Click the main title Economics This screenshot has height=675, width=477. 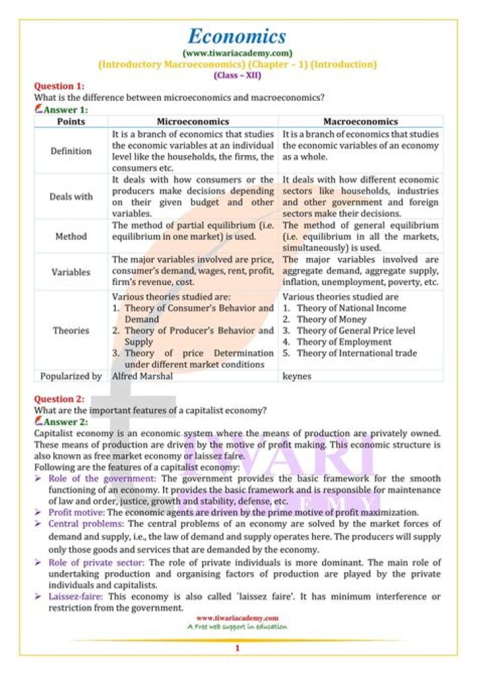pyautogui.click(x=237, y=36)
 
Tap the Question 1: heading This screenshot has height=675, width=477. pyautogui.click(x=60, y=86)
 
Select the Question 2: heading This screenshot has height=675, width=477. pyautogui.click(x=60, y=399)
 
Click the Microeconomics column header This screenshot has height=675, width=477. pyautogui.click(x=193, y=121)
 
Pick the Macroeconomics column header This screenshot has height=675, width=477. pyautogui.click(x=360, y=121)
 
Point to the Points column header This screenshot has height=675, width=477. pyautogui.click(x=71, y=121)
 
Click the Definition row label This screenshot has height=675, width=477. pyautogui.click(x=71, y=151)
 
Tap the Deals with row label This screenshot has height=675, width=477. pyautogui.click(x=71, y=196)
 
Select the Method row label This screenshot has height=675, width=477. pyautogui.click(x=71, y=236)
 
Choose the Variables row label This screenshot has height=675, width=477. pyautogui.click(x=71, y=271)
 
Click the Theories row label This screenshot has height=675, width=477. pyautogui.click(x=71, y=330)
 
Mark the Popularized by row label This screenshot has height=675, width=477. pyautogui.click(x=71, y=376)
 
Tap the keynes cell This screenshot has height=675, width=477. pyautogui.click(x=296, y=376)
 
